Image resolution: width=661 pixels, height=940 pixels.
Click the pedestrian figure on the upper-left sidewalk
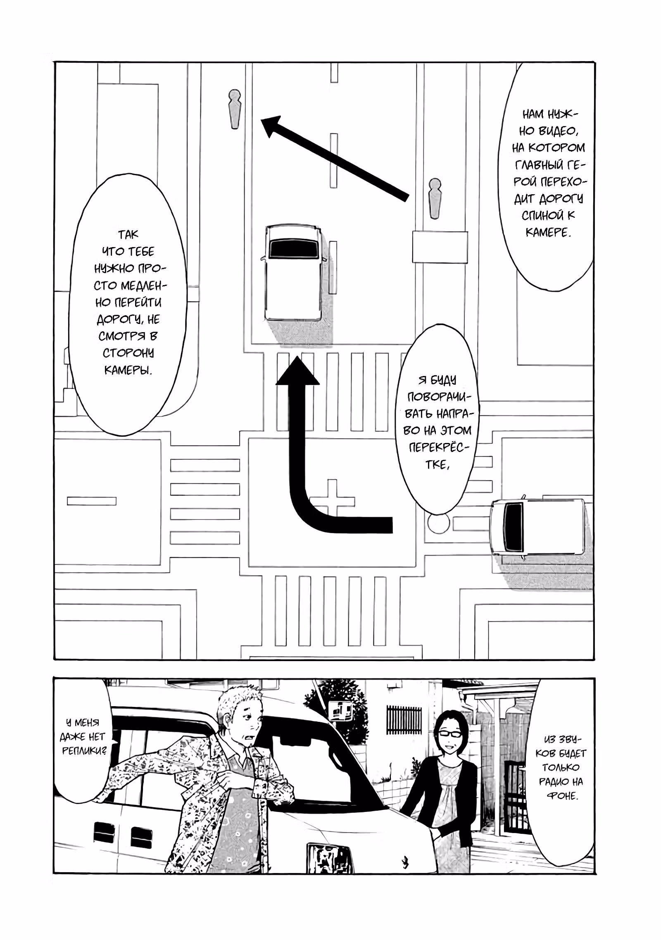(235, 109)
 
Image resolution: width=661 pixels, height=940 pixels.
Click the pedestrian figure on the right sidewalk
(435, 199)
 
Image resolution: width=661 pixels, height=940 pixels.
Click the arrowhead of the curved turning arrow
(297, 371)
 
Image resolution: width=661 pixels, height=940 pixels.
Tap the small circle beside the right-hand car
(438, 524)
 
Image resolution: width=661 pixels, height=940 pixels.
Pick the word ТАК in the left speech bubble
(128, 235)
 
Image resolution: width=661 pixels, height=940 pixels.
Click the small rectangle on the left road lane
(92, 501)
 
